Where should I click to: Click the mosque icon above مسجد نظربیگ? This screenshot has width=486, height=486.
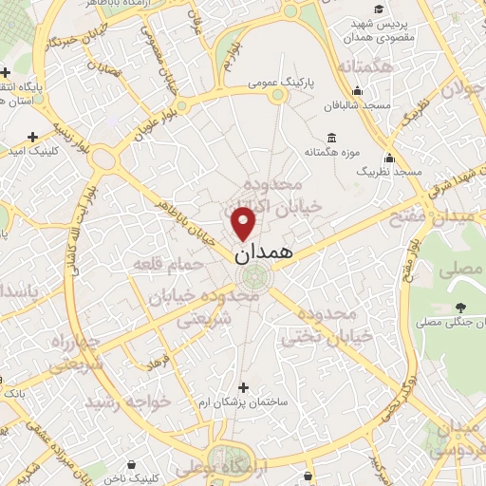coord(389,158)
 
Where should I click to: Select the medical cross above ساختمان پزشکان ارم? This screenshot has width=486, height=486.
coord(244,387)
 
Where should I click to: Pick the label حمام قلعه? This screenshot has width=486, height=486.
coord(169,264)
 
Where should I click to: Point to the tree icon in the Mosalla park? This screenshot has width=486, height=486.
coord(461,307)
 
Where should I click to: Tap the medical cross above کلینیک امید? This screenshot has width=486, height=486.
coord(34,136)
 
